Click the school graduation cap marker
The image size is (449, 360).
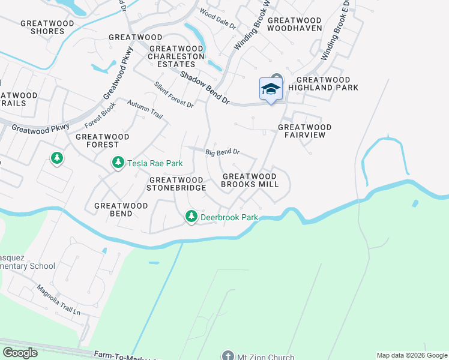pyautogui.click(x=271, y=89)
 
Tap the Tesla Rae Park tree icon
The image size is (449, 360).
pyautogui.click(x=118, y=163)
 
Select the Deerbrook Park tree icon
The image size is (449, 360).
pyautogui.click(x=191, y=217)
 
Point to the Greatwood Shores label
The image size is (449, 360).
pyautogui.click(x=47, y=27)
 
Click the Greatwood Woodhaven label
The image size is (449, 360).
pyautogui.click(x=294, y=23)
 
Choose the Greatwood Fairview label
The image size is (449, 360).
pyautogui.click(x=305, y=131)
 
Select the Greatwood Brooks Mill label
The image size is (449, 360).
pyautogui.click(x=250, y=180)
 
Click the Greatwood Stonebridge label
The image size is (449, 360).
pyautogui.click(x=177, y=184)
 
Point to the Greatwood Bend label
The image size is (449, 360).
pyautogui.click(x=121, y=209)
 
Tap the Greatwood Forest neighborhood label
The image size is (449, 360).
pyautogui.click(x=103, y=140)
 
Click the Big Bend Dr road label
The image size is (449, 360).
pyautogui.click(x=223, y=152)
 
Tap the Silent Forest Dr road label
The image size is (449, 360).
pyautogui.click(x=174, y=95)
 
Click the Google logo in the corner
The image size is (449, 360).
pyautogui.click(x=20, y=353)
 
